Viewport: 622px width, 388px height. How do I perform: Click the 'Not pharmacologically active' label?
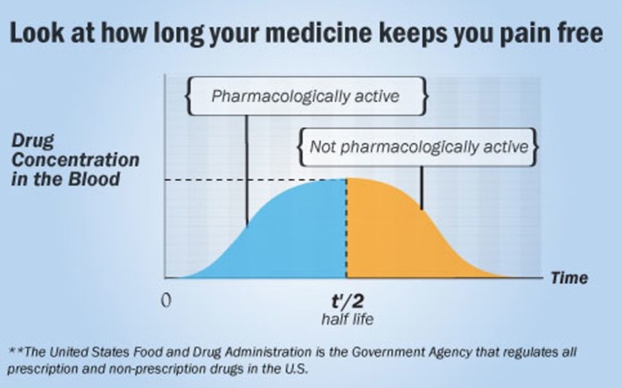point(417,146)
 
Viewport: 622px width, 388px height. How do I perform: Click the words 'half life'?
point(346,318)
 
